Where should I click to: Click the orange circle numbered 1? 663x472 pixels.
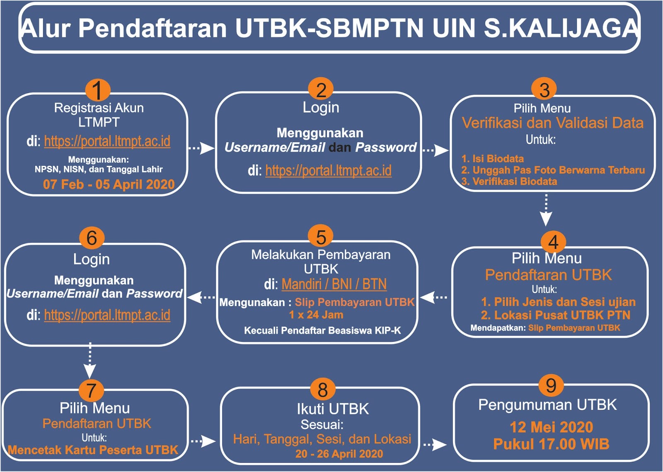(97, 90)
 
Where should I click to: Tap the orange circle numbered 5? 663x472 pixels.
(321, 237)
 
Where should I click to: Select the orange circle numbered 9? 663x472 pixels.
(551, 385)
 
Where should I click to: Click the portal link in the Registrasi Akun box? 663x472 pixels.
(107, 141)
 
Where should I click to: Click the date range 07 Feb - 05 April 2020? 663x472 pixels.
(109, 184)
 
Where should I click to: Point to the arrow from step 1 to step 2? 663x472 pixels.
(201, 148)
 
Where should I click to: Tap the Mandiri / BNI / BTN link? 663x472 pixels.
(334, 284)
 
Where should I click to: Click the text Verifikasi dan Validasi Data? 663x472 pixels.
(552, 123)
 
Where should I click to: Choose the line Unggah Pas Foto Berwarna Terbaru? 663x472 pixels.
(558, 170)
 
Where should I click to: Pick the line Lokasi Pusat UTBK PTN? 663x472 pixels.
(555, 315)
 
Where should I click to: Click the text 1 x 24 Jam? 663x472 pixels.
(316, 315)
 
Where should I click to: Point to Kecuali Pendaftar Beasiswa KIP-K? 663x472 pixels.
(322, 331)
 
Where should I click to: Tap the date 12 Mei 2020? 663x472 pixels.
(551, 427)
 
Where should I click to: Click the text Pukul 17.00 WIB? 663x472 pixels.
(551, 444)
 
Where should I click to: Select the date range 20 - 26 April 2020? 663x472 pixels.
(339, 454)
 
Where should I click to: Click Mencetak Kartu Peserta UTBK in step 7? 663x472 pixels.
(93, 450)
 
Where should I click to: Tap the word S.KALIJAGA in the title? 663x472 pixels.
(561, 28)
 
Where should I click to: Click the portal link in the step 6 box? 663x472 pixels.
(107, 315)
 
